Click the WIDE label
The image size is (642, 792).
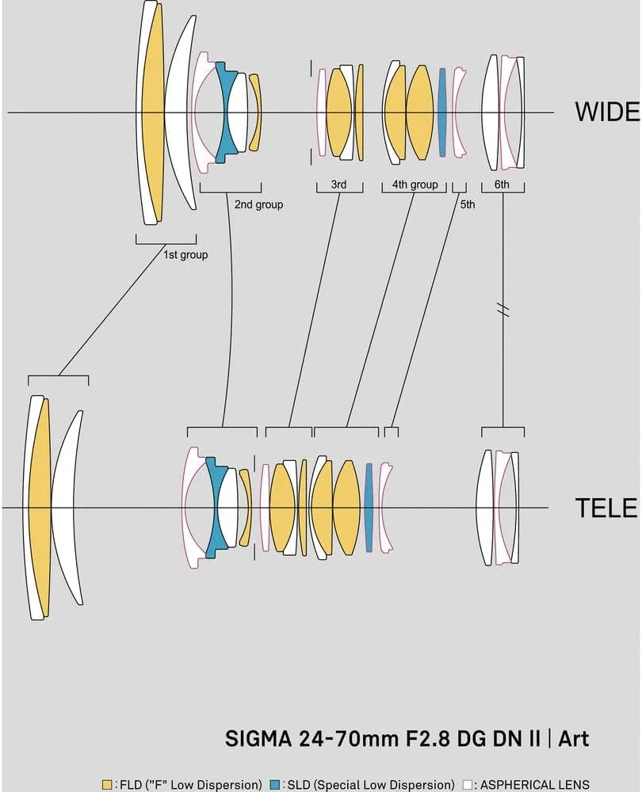(607, 112)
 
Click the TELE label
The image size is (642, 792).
(606, 507)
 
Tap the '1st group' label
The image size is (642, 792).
(185, 255)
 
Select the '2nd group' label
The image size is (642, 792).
(258, 204)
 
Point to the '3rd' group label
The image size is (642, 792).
(338, 185)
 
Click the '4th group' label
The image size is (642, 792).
(415, 185)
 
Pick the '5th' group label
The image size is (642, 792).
(468, 204)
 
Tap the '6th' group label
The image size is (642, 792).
(501, 185)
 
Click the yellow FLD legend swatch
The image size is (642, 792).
(107, 784)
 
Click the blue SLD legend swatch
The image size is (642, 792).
(274, 784)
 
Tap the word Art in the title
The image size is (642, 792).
(574, 740)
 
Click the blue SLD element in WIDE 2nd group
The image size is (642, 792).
(228, 111)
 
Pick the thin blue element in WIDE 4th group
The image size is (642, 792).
(442, 112)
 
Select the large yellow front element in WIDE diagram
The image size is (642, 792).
(151, 112)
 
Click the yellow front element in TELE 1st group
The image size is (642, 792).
(39, 507)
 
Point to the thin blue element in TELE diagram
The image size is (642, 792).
(369, 507)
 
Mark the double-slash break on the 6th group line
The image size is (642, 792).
(503, 310)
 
